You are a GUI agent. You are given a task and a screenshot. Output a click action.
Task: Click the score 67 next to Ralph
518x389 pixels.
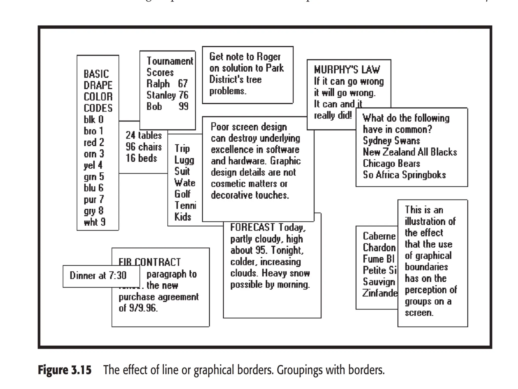183,84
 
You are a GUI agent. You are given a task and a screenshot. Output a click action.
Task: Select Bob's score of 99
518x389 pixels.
183,106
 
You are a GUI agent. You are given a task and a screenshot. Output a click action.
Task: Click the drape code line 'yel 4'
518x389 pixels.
93,165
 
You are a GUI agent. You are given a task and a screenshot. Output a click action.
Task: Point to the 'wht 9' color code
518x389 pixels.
95,222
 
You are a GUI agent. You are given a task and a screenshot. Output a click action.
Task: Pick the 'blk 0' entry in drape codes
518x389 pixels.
94,120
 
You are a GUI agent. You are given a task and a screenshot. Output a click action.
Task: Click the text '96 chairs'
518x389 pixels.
144,147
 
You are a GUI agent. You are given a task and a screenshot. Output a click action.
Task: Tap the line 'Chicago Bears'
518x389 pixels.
391,164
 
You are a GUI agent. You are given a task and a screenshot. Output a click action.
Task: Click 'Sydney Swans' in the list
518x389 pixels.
391,141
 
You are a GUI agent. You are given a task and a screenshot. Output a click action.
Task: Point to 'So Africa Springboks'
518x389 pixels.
404,175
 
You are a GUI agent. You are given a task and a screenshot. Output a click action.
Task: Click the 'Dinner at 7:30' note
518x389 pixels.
98,276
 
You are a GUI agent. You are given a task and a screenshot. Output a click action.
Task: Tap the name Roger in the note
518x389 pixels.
269,57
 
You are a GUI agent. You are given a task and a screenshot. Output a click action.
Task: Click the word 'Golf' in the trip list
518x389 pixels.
182,194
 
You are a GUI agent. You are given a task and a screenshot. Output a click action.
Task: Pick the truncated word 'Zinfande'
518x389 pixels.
379,293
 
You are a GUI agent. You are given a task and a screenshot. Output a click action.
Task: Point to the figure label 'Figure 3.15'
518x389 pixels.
64,370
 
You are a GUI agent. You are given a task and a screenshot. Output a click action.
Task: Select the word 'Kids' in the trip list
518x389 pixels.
183,217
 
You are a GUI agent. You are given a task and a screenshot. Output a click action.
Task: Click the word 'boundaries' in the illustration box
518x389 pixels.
426,267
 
